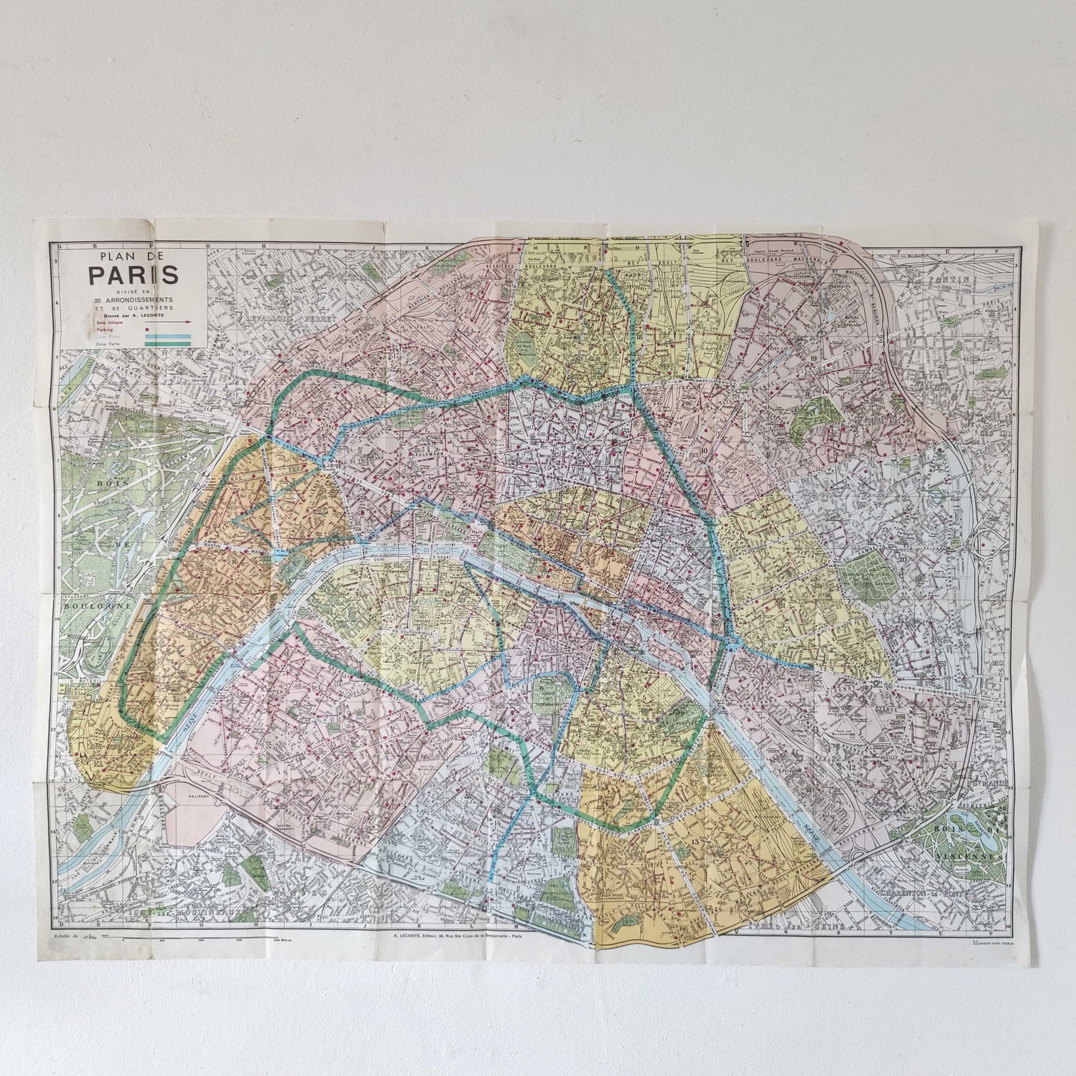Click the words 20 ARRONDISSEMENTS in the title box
tap(133, 299)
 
